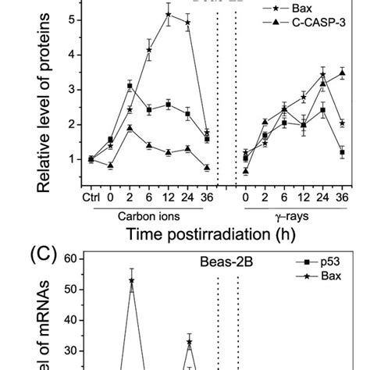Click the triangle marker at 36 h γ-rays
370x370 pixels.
point(341,73)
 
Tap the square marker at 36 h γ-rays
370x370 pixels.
point(341,153)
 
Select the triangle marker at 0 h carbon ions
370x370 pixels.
point(111,165)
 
